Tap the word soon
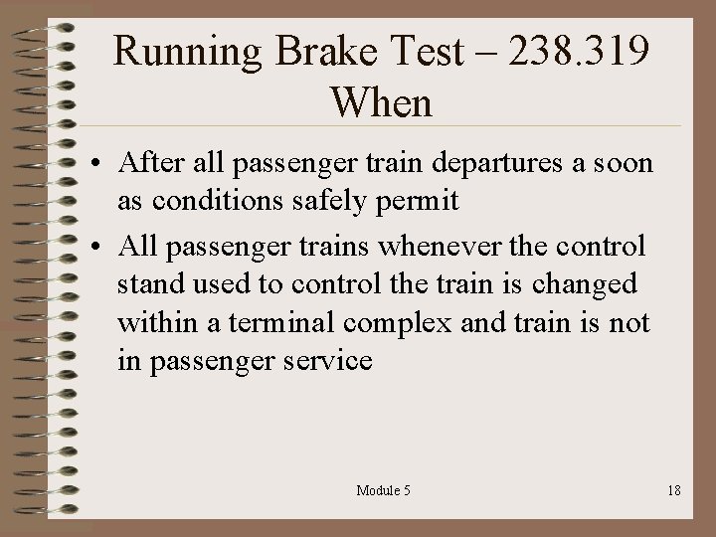click(x=622, y=163)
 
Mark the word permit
click(x=426, y=200)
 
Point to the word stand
click(x=146, y=284)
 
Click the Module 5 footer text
click(x=383, y=491)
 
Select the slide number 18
click(x=674, y=491)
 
